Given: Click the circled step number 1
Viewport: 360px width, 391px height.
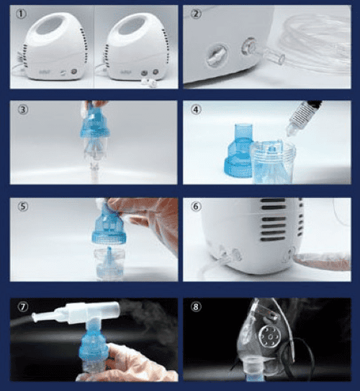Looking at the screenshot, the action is pyautogui.click(x=21, y=14).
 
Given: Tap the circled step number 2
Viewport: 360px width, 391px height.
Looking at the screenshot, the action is pyautogui.click(x=196, y=14).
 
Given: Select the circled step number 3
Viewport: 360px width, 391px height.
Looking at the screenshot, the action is pyautogui.click(x=23, y=109).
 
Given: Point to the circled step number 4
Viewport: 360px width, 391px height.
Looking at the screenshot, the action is pyautogui.click(x=196, y=109).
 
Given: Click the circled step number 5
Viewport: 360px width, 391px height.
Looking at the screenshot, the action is pyautogui.click(x=23, y=207).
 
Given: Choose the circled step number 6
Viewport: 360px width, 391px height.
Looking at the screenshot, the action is pyautogui.click(x=196, y=207).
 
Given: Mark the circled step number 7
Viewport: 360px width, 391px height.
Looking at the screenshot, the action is pyautogui.click(x=23, y=307).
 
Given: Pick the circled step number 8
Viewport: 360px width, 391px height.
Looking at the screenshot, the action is pyautogui.click(x=196, y=307).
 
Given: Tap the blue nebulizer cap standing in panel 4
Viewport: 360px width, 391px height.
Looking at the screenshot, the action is pyautogui.click(x=239, y=151).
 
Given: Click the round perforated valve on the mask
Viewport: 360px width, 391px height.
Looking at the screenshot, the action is pyautogui.click(x=271, y=337).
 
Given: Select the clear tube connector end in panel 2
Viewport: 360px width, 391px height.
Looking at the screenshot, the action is pyautogui.click(x=275, y=57).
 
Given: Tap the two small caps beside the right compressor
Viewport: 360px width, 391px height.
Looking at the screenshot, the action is pyautogui.click(x=147, y=81).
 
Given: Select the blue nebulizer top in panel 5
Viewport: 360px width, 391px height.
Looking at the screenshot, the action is pyautogui.click(x=108, y=223).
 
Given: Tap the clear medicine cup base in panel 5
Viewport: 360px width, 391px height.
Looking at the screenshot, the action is pyautogui.click(x=109, y=264).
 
